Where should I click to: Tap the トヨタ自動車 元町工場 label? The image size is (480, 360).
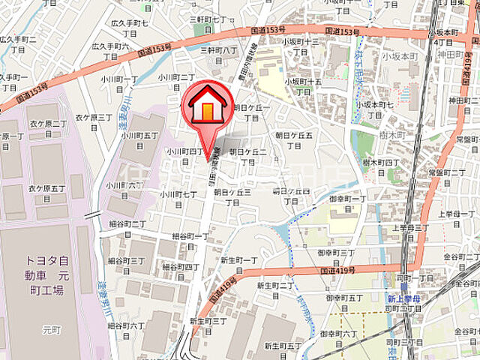(49, 277)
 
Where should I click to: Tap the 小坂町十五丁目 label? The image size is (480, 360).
(303, 85)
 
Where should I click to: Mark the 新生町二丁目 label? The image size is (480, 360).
(275, 289)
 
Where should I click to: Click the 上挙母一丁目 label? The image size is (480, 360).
(454, 218)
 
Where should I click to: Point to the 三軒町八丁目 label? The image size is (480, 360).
(218, 54)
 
